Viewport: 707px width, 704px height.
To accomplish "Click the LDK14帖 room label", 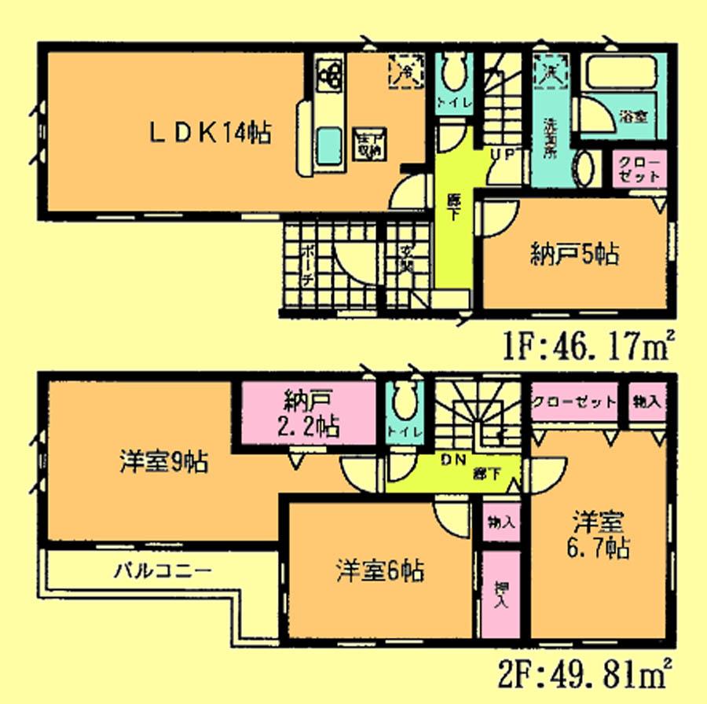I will [x=211, y=134].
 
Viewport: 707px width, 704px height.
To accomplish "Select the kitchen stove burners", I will [x=330, y=75].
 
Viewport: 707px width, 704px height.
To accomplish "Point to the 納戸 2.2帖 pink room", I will [x=302, y=415].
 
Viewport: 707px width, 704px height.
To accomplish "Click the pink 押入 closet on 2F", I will [x=500, y=594].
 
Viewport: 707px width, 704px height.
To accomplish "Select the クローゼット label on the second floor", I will [x=574, y=402].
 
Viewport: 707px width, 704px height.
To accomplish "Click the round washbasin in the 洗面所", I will [x=585, y=168].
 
